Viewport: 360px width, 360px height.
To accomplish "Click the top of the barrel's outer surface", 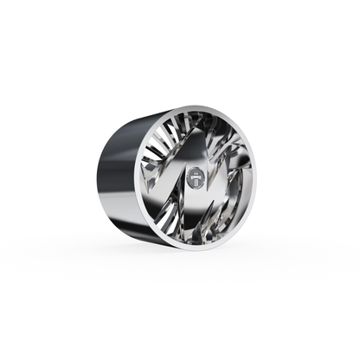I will pyautogui.click(x=147, y=117).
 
